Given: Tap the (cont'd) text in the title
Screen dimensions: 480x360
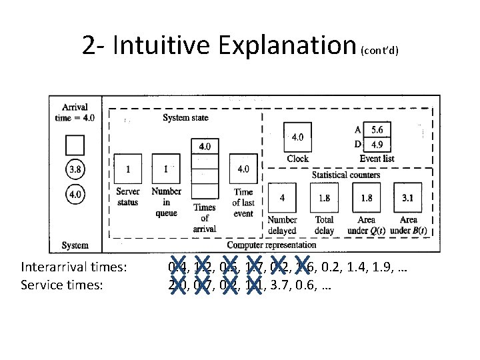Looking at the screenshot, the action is point(379,51).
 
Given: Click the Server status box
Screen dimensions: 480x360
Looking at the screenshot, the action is point(127,169).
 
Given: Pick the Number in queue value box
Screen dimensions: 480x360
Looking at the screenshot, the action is point(166,169).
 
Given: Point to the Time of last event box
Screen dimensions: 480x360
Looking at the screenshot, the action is point(243,169).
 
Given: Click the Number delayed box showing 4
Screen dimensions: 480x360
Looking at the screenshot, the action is point(282,198).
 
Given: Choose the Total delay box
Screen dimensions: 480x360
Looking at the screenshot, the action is point(325,198).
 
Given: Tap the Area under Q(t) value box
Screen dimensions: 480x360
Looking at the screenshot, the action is point(366,198).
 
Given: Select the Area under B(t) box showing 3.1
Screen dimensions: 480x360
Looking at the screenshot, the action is point(408,198).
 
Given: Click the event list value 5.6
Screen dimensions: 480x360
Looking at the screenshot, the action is point(377,130).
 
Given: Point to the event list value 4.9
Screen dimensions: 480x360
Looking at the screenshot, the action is point(377,144).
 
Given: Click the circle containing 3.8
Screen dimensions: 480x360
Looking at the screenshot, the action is point(75,169).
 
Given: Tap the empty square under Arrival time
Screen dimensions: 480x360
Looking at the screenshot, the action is point(75,145).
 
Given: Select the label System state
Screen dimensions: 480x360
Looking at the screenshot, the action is point(185,118).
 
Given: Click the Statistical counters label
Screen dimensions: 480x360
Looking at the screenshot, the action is point(346,175).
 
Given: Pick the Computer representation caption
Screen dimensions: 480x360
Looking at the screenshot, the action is point(271,245).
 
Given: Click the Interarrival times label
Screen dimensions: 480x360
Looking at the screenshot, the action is point(74,267).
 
